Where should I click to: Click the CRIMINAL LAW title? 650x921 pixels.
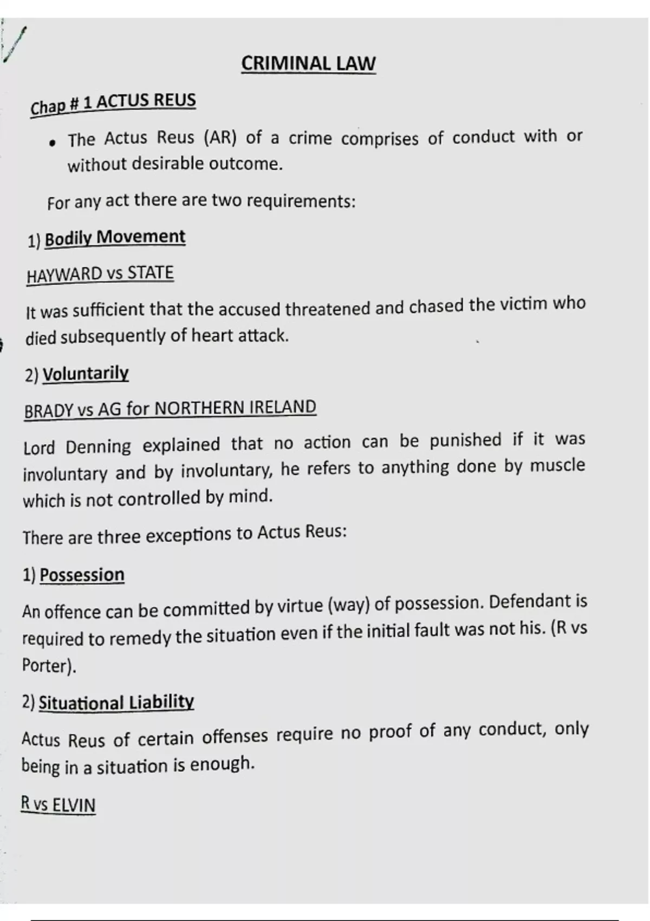(x=308, y=63)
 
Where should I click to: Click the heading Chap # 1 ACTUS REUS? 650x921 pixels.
(x=113, y=103)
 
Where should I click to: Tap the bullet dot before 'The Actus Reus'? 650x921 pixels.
(x=53, y=143)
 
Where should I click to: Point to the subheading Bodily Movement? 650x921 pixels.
(x=115, y=237)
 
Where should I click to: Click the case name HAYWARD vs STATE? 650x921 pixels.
(x=100, y=274)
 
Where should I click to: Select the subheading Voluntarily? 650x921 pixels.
(x=86, y=373)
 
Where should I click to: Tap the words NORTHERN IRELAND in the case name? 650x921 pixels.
(x=235, y=408)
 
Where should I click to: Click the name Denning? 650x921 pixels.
(x=98, y=447)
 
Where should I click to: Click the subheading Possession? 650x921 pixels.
(x=82, y=575)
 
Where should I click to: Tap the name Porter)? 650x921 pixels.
(x=49, y=665)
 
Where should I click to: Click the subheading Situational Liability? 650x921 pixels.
(x=116, y=703)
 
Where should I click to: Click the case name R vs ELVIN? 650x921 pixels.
(x=58, y=805)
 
